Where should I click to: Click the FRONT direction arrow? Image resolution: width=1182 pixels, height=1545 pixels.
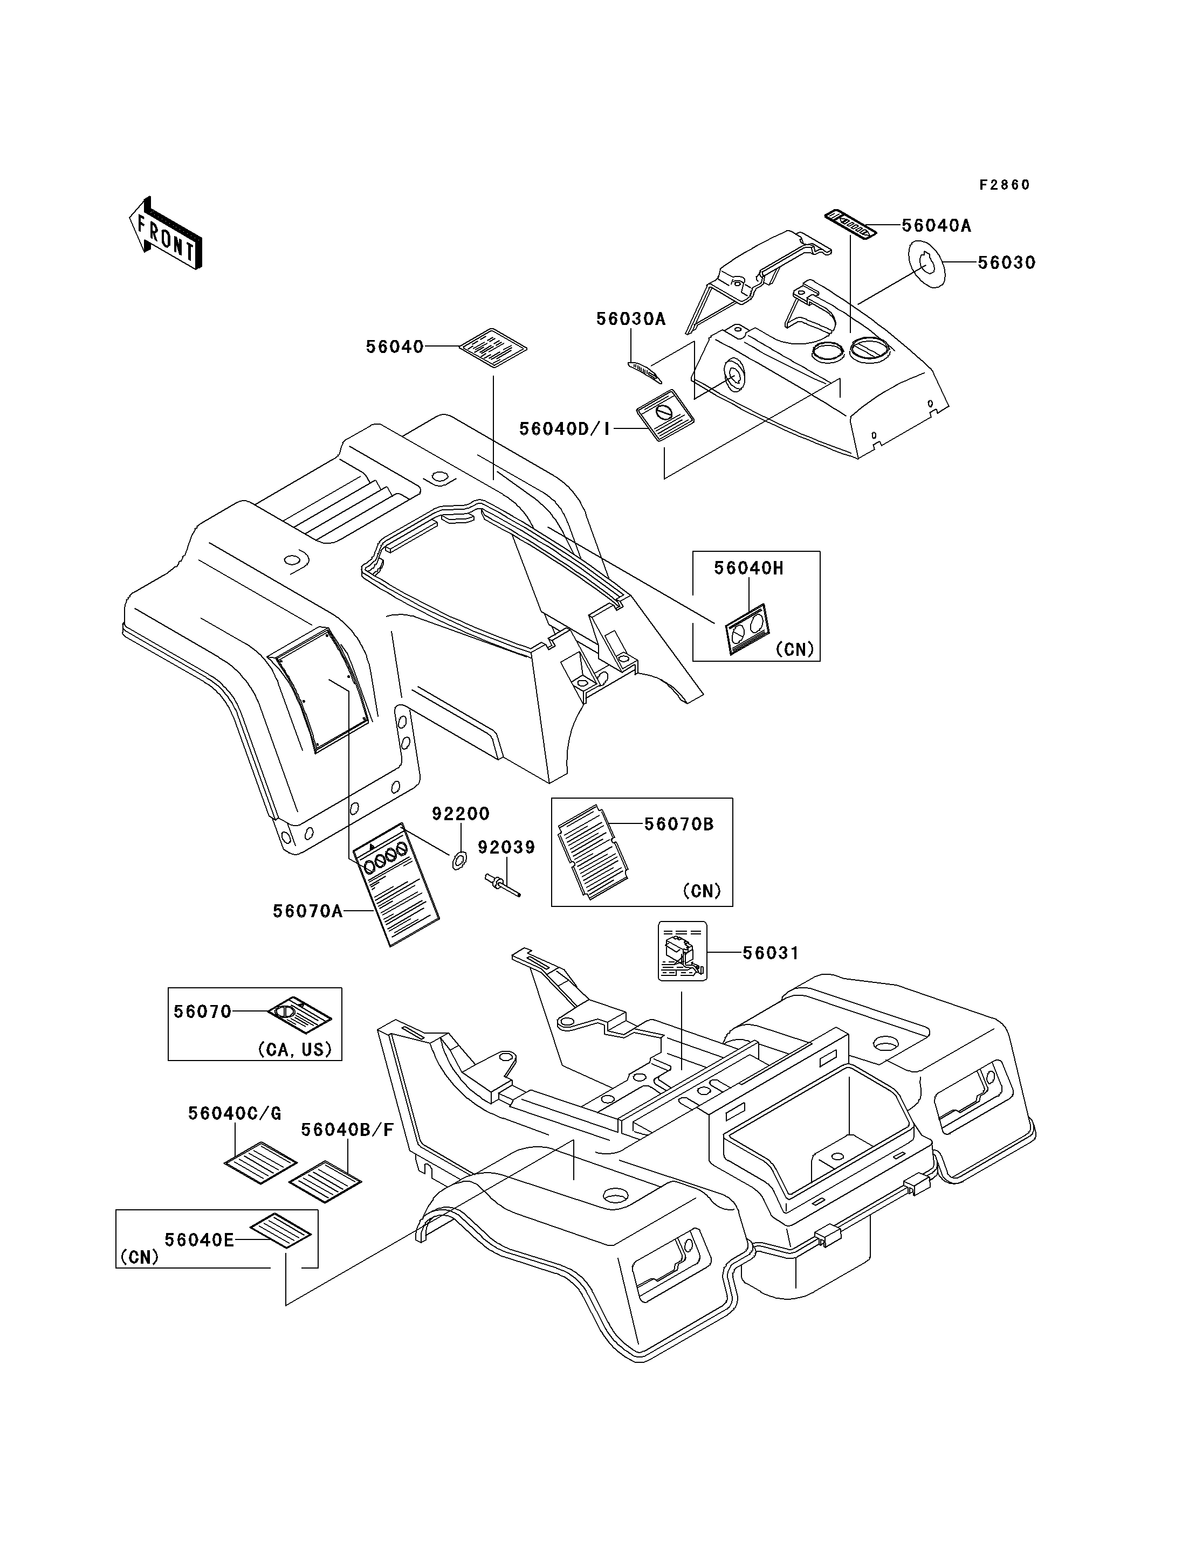pos(166,233)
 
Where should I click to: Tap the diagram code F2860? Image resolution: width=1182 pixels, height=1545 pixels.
pos(1005,185)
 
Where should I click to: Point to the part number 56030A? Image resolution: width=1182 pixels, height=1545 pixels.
pos(630,318)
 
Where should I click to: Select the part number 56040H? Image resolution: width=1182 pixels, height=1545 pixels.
pos(748,568)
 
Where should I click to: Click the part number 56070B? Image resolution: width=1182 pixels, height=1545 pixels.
pos(679,824)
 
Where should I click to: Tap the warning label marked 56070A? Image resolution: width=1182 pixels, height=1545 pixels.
pos(395,884)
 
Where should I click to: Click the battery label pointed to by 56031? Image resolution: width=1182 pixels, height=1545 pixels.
pos(682,952)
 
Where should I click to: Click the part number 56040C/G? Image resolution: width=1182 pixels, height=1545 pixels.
pos(234,1113)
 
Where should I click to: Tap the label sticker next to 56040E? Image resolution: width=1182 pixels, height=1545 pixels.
pos(281,1230)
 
